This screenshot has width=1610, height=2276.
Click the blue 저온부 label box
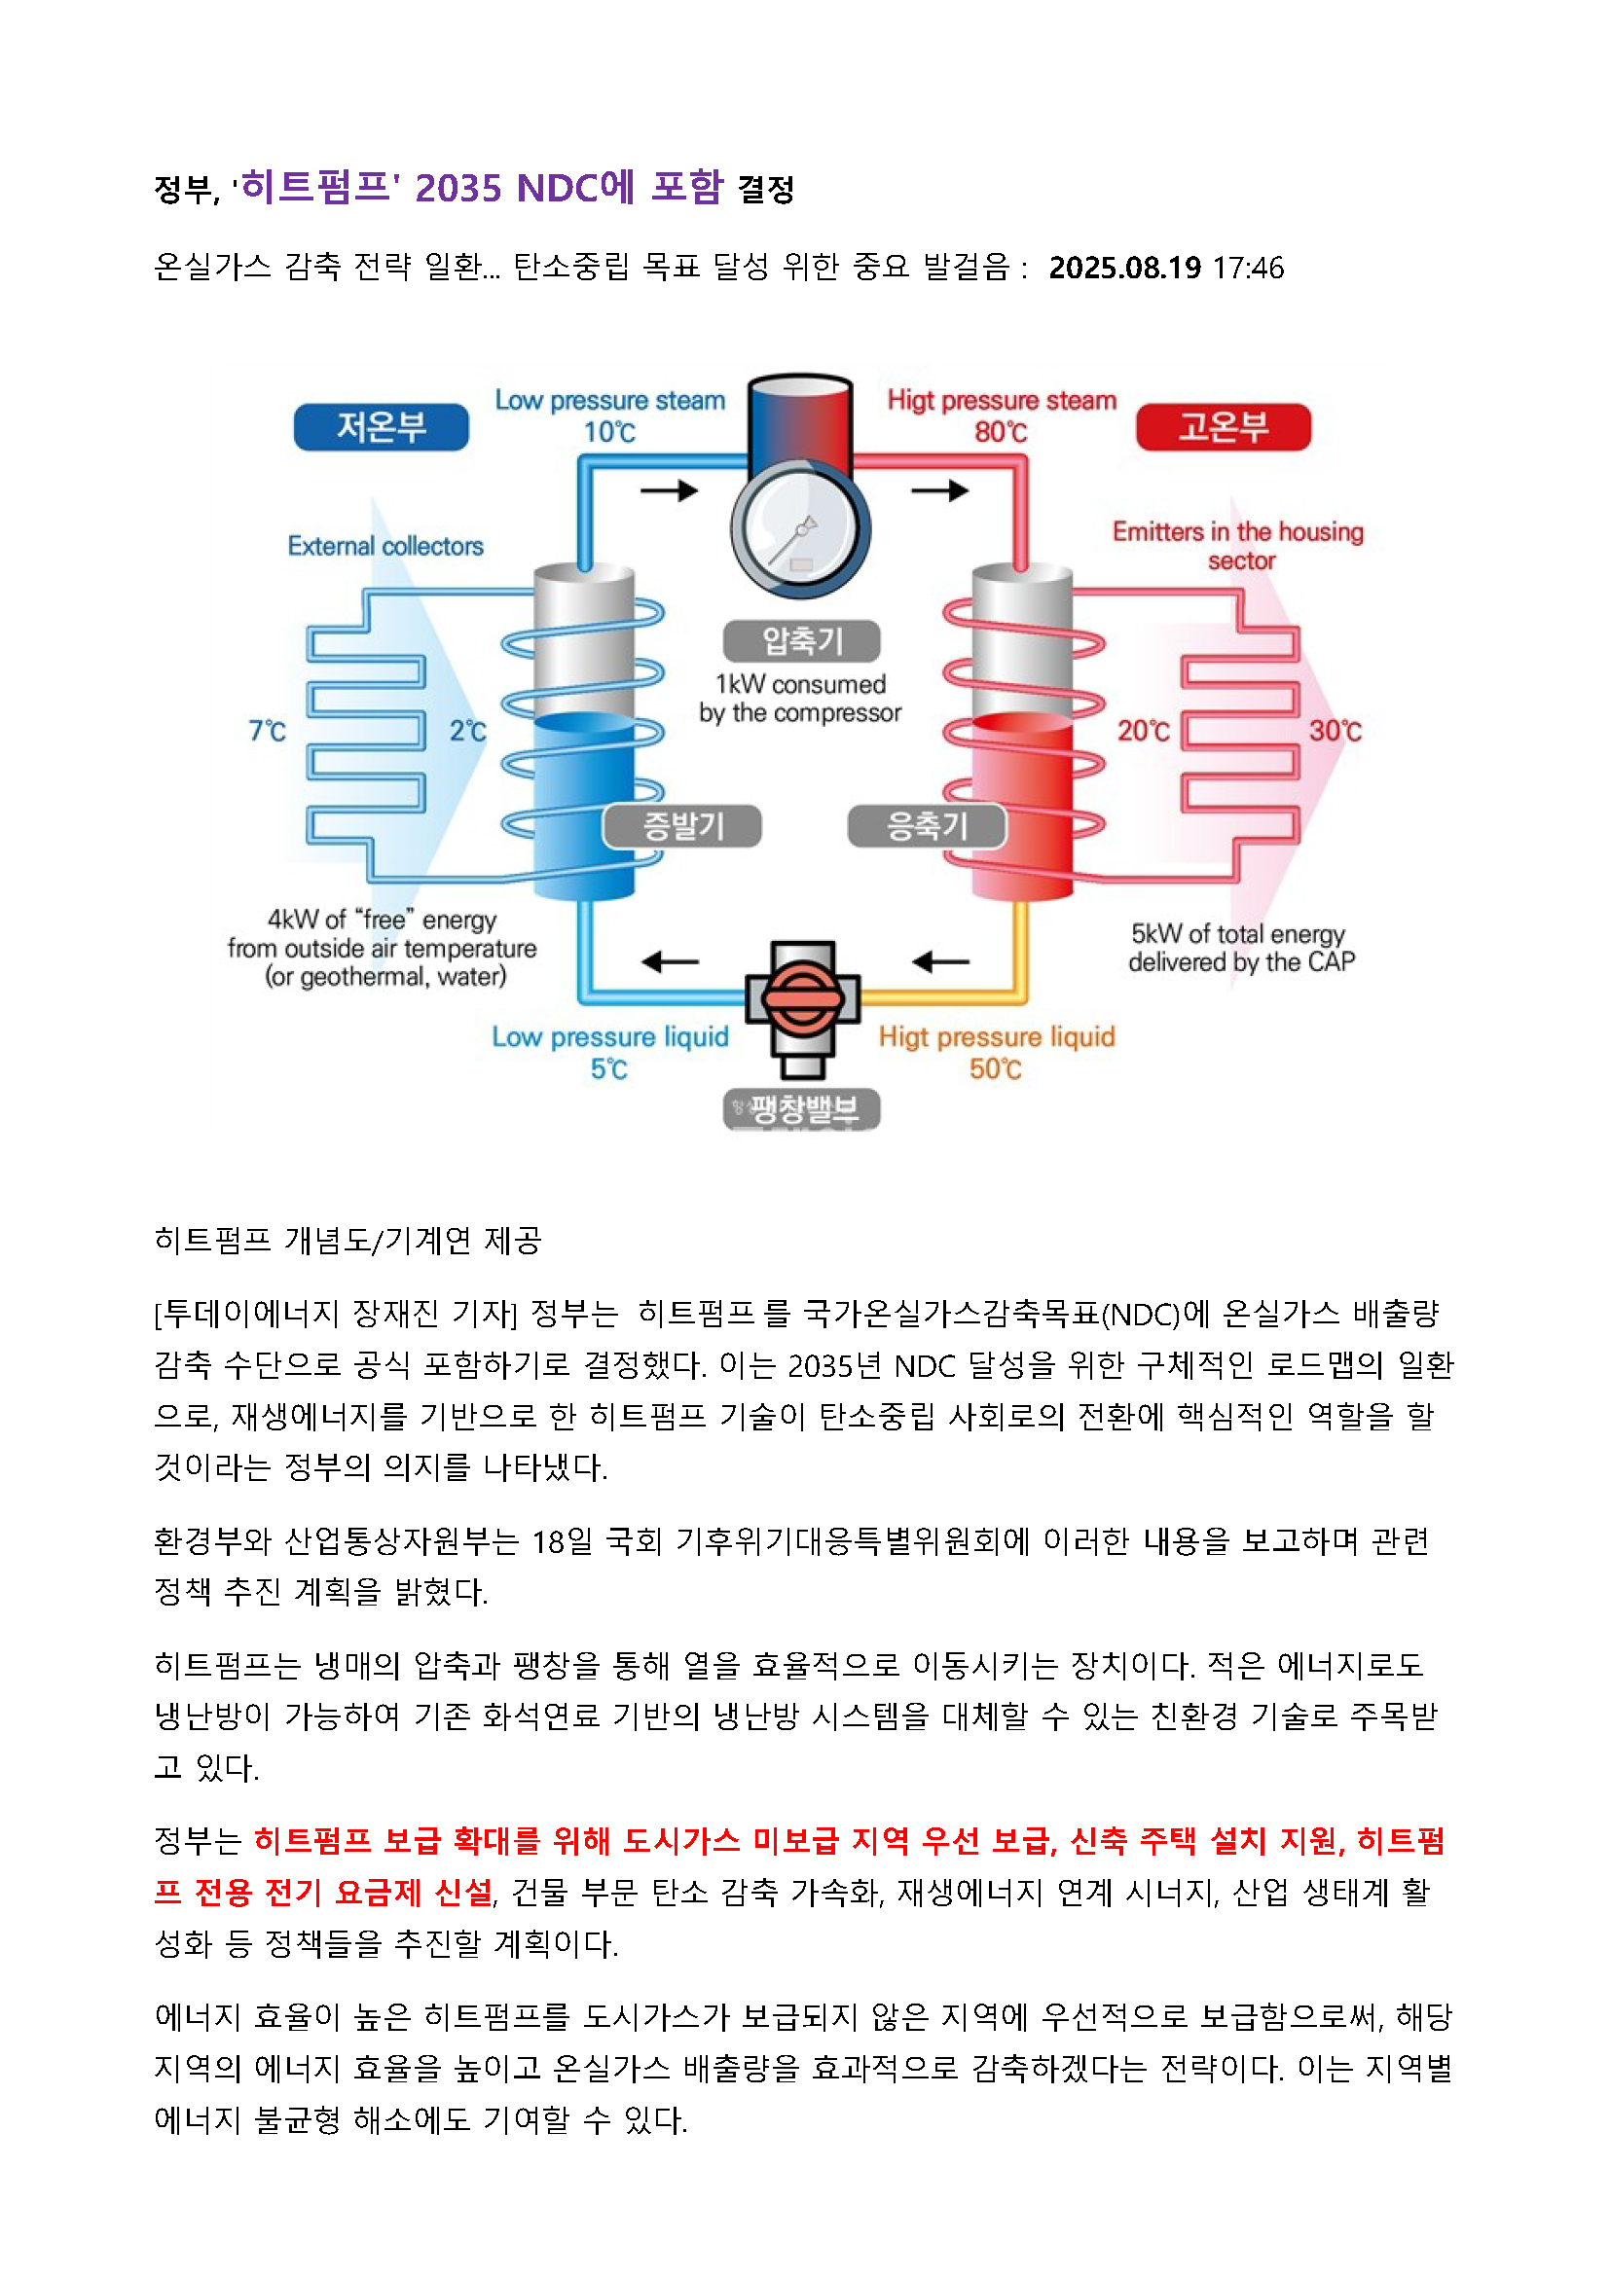381,427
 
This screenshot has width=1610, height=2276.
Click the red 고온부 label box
1223,427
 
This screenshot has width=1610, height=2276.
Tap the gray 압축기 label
801,640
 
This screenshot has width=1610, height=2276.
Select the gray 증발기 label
683,826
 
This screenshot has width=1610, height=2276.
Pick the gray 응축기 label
926,826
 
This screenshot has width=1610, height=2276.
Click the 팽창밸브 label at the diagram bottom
802,1108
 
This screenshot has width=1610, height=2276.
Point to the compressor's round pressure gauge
800,531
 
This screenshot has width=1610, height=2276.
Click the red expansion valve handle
802,998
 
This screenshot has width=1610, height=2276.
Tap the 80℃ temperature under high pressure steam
1001,432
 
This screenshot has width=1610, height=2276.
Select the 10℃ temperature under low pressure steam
608,432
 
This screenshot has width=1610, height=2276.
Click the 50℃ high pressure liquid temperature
996,1068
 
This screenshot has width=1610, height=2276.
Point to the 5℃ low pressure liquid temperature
608,1068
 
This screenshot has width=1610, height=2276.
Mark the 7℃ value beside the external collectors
267,732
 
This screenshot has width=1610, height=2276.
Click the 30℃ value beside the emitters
1335,732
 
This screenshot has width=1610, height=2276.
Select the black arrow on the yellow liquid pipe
941,960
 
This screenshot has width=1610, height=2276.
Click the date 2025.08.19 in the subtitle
1124,268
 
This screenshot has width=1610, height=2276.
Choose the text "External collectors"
385,546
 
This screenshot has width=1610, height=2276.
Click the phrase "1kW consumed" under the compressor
800,684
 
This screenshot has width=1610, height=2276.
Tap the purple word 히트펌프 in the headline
315,188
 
